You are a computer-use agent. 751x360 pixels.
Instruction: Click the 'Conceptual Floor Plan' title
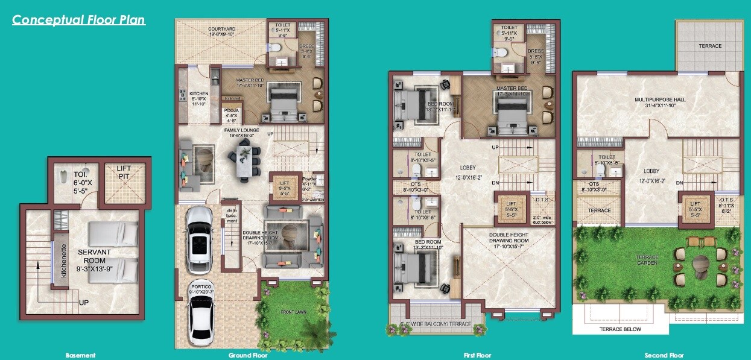click(x=78, y=20)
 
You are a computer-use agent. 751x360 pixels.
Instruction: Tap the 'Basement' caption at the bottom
click(x=81, y=355)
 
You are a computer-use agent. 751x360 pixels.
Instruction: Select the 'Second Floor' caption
click(x=664, y=355)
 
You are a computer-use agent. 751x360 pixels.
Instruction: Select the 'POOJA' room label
click(x=231, y=110)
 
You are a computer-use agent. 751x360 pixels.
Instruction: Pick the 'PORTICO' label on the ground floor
click(x=200, y=288)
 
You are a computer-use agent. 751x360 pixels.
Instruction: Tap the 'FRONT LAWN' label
click(x=296, y=312)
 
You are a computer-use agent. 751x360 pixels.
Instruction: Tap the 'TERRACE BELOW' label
click(x=621, y=329)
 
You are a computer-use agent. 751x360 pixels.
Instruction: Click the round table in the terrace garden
click(x=702, y=265)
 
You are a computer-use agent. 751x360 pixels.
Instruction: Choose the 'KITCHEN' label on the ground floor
click(x=198, y=94)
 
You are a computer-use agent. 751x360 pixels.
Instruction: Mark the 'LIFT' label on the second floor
click(x=696, y=204)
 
